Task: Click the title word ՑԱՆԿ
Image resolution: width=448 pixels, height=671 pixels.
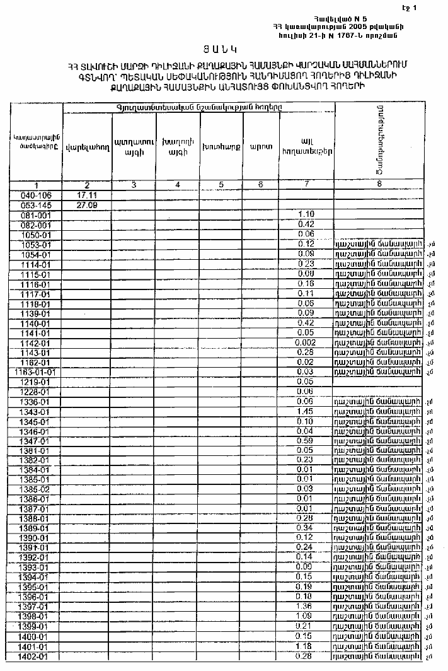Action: (224, 49)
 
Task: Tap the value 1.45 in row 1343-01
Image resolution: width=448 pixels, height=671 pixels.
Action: (306, 411)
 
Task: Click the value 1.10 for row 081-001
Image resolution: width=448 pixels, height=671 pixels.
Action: (306, 214)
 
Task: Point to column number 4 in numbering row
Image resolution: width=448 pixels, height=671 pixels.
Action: (177, 185)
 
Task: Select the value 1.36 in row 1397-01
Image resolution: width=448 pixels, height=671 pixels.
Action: (306, 607)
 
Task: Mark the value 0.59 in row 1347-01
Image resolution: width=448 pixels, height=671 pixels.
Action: (306, 440)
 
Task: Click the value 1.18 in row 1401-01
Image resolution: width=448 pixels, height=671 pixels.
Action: (306, 646)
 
